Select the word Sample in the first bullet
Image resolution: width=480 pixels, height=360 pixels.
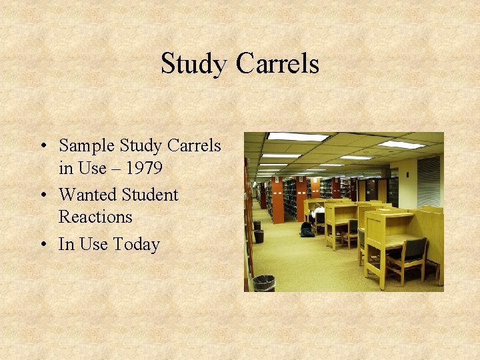[x=87, y=145]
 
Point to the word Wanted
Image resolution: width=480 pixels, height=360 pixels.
[x=86, y=195]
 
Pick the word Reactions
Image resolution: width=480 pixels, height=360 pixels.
[x=95, y=217]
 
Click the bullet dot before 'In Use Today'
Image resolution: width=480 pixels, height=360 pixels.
[x=43, y=245]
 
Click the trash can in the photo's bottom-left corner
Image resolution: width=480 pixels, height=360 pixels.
[x=263, y=283]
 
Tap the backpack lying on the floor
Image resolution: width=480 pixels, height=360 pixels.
[x=307, y=230]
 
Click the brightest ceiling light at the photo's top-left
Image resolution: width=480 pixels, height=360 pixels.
[x=298, y=137]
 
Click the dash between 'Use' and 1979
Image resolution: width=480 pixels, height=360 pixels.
[x=115, y=169]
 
